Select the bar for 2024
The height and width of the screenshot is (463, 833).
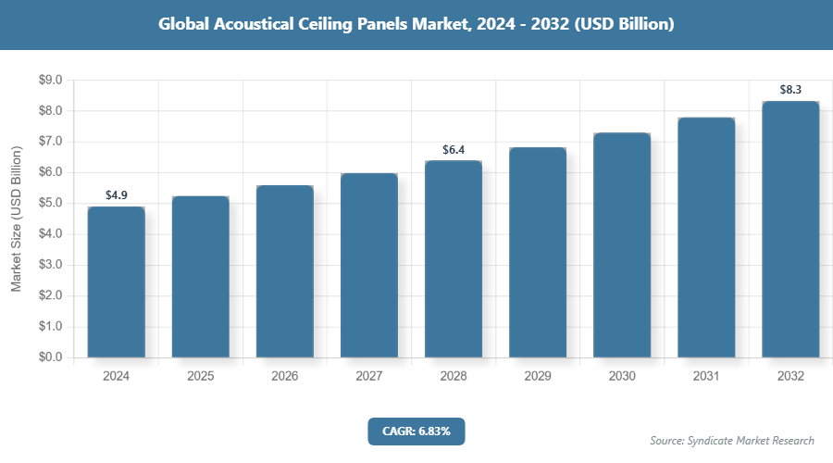(117, 282)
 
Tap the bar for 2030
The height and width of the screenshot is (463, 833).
(622, 244)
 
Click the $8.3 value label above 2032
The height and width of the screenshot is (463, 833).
(790, 90)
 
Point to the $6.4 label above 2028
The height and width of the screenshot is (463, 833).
(454, 149)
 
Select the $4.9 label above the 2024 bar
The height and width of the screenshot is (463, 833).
(117, 195)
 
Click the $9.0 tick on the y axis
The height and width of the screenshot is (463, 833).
(49, 81)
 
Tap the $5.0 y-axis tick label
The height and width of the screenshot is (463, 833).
(49, 204)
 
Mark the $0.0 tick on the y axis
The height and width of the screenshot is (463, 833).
(49, 357)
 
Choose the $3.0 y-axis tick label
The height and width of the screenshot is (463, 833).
(49, 265)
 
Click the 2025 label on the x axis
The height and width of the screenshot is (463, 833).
(201, 377)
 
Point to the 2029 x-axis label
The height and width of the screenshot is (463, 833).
(538, 377)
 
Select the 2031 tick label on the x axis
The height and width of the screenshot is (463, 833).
(706, 377)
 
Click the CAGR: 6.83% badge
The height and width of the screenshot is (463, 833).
(416, 431)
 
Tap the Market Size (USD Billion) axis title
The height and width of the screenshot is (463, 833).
(16, 219)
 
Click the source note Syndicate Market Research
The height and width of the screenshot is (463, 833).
(732, 440)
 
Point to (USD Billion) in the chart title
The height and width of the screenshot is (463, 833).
(624, 25)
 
